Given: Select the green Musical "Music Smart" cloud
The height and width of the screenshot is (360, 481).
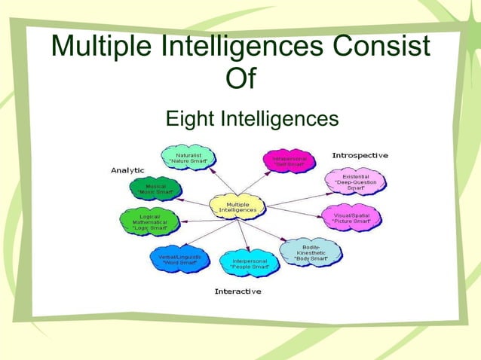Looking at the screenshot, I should coord(156,188).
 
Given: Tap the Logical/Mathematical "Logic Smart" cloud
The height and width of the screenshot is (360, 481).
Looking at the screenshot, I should coord(146,221).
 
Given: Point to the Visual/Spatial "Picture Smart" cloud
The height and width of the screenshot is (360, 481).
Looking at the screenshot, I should coord(351,218).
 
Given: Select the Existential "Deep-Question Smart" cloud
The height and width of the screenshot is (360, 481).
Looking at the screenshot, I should coord(356,182).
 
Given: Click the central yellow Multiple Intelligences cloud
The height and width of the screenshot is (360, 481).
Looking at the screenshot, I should coord(237,206).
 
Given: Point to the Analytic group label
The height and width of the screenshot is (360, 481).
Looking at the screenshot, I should coord(128,170).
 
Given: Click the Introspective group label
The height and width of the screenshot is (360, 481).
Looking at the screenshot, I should coord(360,155).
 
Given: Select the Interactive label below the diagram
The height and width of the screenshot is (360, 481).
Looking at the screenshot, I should coord(238,291).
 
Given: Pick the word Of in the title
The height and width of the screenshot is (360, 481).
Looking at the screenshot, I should coord(240,79).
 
